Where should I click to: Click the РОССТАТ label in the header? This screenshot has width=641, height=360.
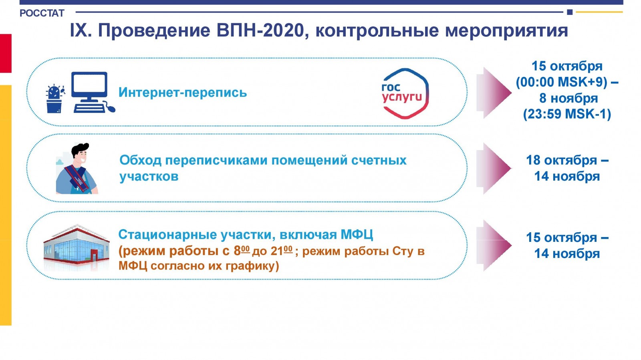tap(42, 13)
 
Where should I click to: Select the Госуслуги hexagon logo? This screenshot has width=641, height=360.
tap(405, 93)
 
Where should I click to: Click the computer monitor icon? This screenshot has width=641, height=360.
tap(89, 87)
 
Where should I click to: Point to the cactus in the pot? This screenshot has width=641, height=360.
tap(55, 99)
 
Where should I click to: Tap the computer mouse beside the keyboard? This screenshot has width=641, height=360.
tap(110, 107)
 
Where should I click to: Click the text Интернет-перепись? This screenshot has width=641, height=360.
tap(183, 93)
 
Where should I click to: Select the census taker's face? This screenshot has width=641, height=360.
tap(81, 156)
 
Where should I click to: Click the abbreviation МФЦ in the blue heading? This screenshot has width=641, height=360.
tap(357, 235)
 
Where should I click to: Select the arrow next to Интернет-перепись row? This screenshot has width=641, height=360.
tap(494, 93)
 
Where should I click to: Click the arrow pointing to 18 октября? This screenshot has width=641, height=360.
tap(494, 169)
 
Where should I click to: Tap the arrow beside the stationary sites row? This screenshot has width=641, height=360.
tap(494, 245)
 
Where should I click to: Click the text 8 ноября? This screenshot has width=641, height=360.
tap(568, 99)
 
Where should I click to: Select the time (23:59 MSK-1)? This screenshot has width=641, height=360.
tap(567, 114)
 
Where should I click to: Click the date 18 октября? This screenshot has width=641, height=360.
tap(561, 160)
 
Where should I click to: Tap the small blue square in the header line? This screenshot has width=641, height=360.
tap(570, 12)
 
